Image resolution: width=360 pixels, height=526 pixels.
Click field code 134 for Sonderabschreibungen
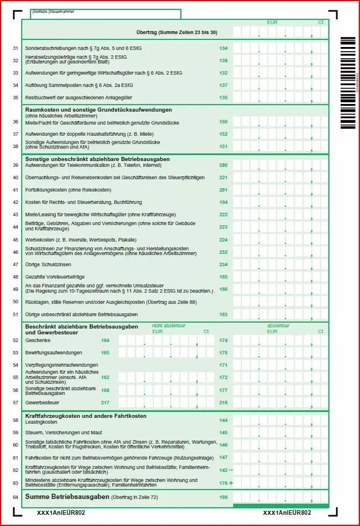click(x=223, y=48)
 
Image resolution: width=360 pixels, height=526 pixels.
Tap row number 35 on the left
click(x=15, y=98)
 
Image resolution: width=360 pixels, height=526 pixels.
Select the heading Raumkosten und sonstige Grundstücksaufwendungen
click(x=98, y=110)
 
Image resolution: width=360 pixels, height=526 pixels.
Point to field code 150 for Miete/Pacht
click(x=223, y=122)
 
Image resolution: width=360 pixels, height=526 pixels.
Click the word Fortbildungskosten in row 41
click(x=43, y=190)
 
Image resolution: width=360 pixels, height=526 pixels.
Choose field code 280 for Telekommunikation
click(x=223, y=165)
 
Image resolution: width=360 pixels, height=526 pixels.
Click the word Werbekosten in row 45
click(x=38, y=240)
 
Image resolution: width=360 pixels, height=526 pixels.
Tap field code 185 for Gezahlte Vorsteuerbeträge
click(x=223, y=277)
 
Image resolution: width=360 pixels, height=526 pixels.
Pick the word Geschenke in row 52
click(x=37, y=340)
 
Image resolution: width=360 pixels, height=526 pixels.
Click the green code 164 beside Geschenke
click(x=105, y=340)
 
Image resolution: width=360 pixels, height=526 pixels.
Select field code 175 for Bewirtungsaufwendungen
click(x=223, y=353)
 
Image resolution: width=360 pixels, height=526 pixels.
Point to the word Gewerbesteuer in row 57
click(x=41, y=403)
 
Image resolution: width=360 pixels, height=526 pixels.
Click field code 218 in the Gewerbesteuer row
click(x=223, y=403)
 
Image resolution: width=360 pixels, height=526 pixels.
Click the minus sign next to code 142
click(x=231, y=470)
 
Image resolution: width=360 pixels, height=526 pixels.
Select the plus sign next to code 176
click(x=231, y=483)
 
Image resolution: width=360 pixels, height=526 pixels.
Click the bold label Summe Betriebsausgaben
click(x=67, y=497)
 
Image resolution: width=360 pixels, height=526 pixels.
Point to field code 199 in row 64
click(x=223, y=498)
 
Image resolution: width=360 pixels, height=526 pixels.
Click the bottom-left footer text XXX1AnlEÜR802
click(x=60, y=513)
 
